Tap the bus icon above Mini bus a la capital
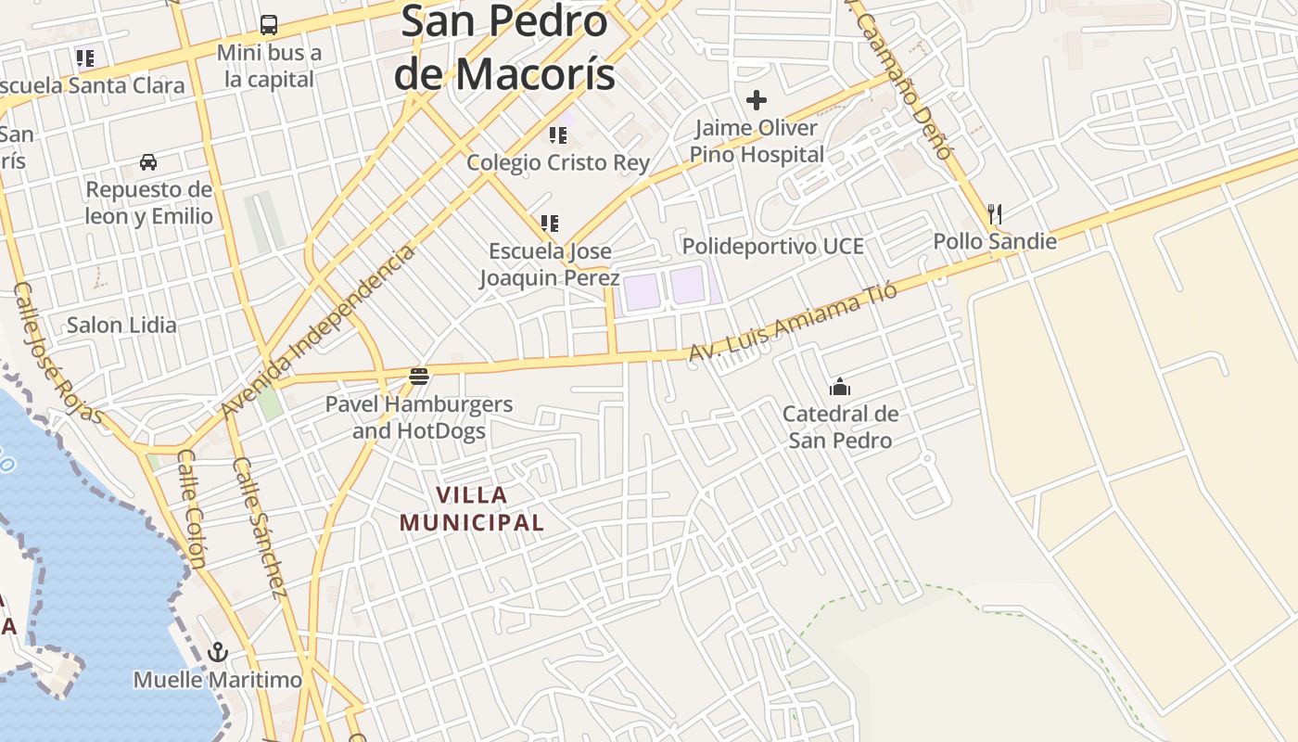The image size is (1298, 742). (269, 25)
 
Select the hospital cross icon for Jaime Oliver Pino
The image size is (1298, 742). (757, 99)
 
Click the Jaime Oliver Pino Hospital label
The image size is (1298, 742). (757, 141)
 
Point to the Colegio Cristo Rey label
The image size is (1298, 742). (558, 162)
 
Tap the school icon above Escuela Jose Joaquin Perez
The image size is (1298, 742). (550, 224)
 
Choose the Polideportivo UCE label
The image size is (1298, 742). (772, 246)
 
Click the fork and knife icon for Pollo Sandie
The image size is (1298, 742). (995, 214)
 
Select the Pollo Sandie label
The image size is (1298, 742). (995, 241)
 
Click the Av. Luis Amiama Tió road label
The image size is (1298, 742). (793, 323)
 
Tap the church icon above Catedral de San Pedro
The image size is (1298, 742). (840, 387)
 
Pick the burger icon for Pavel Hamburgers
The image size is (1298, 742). (419, 377)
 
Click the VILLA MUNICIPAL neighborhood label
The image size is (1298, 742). (472, 508)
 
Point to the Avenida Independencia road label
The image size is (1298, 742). (318, 331)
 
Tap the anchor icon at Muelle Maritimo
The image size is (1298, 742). (218, 652)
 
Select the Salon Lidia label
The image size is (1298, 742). (121, 325)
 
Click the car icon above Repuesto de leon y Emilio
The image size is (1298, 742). (148, 162)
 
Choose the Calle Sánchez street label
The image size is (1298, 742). (260, 527)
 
